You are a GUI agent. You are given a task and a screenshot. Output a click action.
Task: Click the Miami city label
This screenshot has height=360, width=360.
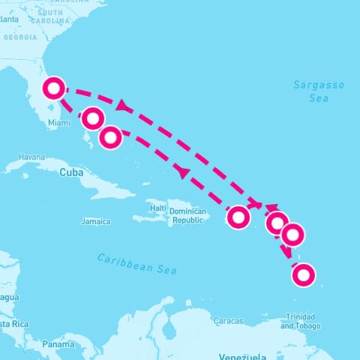pos(58,122)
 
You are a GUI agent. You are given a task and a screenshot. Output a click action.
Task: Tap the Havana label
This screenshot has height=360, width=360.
pos(32,157)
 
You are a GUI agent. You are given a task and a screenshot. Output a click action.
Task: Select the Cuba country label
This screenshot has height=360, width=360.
pos(69,171)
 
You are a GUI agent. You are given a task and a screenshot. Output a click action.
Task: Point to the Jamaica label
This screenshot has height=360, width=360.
pos(95,221)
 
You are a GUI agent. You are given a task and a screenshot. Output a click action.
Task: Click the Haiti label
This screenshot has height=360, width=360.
pos(157,207)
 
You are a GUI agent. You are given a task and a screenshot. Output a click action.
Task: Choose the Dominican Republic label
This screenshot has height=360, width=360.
pos(187,215)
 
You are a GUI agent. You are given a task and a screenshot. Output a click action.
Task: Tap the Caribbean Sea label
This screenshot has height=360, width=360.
pos(136,263)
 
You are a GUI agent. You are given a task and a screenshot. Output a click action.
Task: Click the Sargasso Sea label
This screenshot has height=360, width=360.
pos(319,91)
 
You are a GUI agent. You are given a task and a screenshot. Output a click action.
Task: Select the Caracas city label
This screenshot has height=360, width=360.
pos(228,321)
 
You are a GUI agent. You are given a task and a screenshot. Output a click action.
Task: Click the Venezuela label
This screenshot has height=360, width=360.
pos(242,355)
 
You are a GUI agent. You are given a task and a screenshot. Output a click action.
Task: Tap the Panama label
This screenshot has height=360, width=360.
pos(58,344)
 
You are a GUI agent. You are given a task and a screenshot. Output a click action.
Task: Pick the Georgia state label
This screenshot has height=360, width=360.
pos(20,37)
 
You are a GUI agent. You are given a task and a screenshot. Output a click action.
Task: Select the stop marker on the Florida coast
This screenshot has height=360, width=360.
pos(53,88)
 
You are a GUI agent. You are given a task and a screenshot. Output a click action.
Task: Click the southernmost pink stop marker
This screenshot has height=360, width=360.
pos(303,275)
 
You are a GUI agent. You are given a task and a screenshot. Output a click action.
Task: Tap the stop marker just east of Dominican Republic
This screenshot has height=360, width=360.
pos(238,217)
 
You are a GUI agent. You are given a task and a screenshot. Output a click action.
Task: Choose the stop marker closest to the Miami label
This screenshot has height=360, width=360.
pos(92,118)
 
